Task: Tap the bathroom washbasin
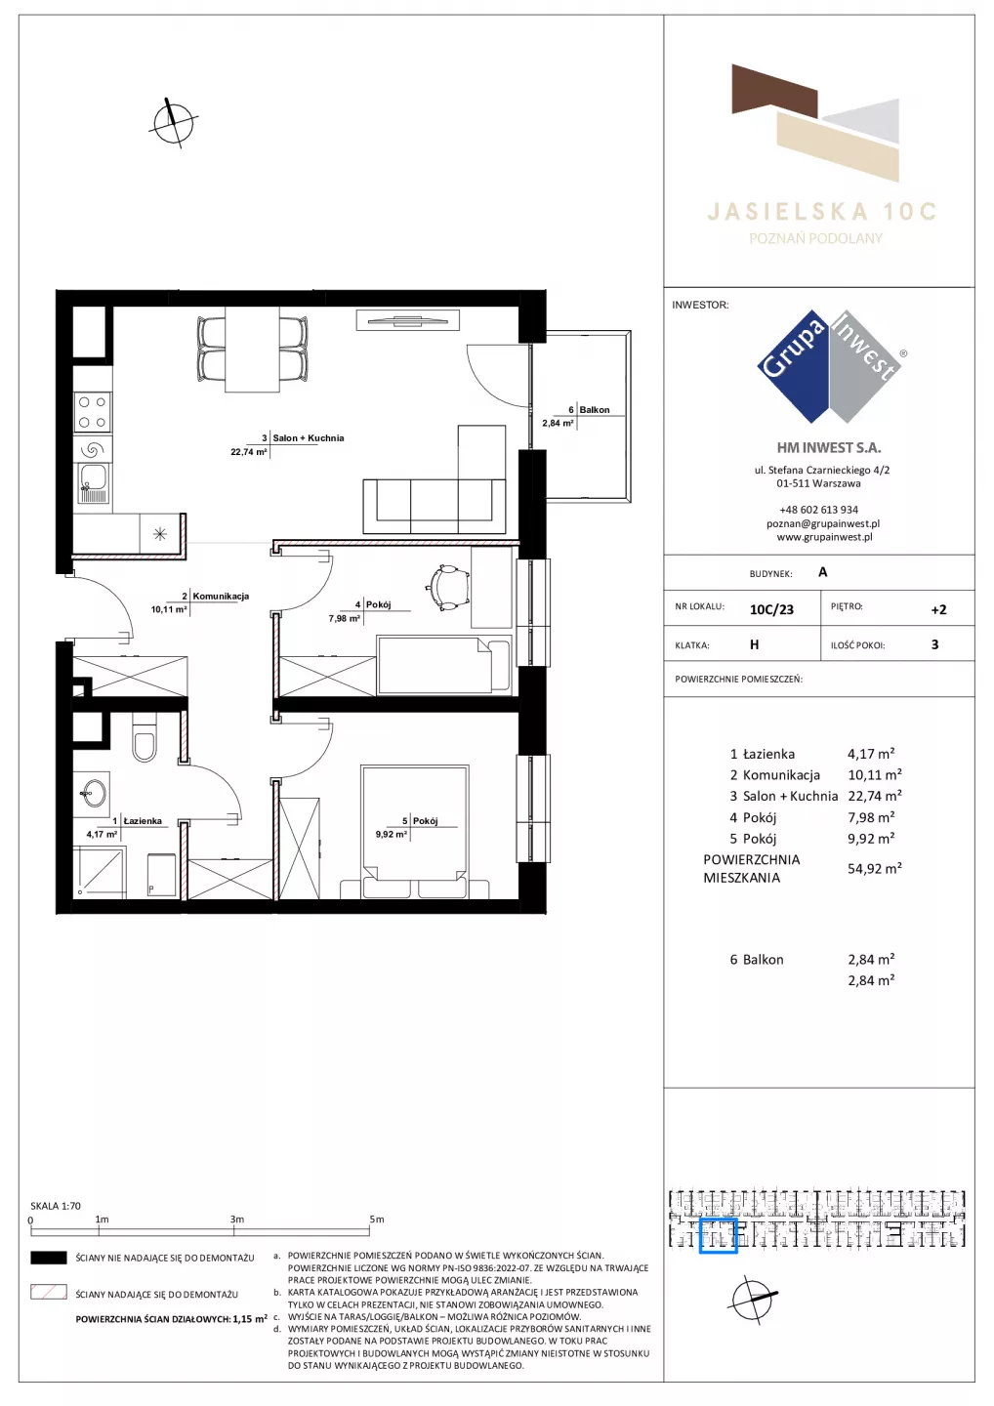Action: (94, 794)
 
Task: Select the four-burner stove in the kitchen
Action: (92, 412)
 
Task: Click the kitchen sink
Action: (92, 483)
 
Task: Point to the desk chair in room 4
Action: (447, 588)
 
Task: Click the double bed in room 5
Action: (415, 831)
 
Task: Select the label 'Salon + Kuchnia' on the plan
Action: (309, 438)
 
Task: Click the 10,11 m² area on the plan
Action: (169, 609)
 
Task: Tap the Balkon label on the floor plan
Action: (595, 410)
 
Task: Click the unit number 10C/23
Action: (771, 609)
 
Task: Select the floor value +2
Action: (938, 609)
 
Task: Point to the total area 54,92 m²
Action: (875, 869)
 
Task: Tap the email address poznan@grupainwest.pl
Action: (823, 523)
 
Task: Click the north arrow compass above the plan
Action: (173, 123)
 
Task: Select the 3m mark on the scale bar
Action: (236, 1220)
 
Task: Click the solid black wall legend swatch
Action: (48, 1258)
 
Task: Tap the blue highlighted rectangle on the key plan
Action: (718, 1234)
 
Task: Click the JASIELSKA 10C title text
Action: (822, 212)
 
